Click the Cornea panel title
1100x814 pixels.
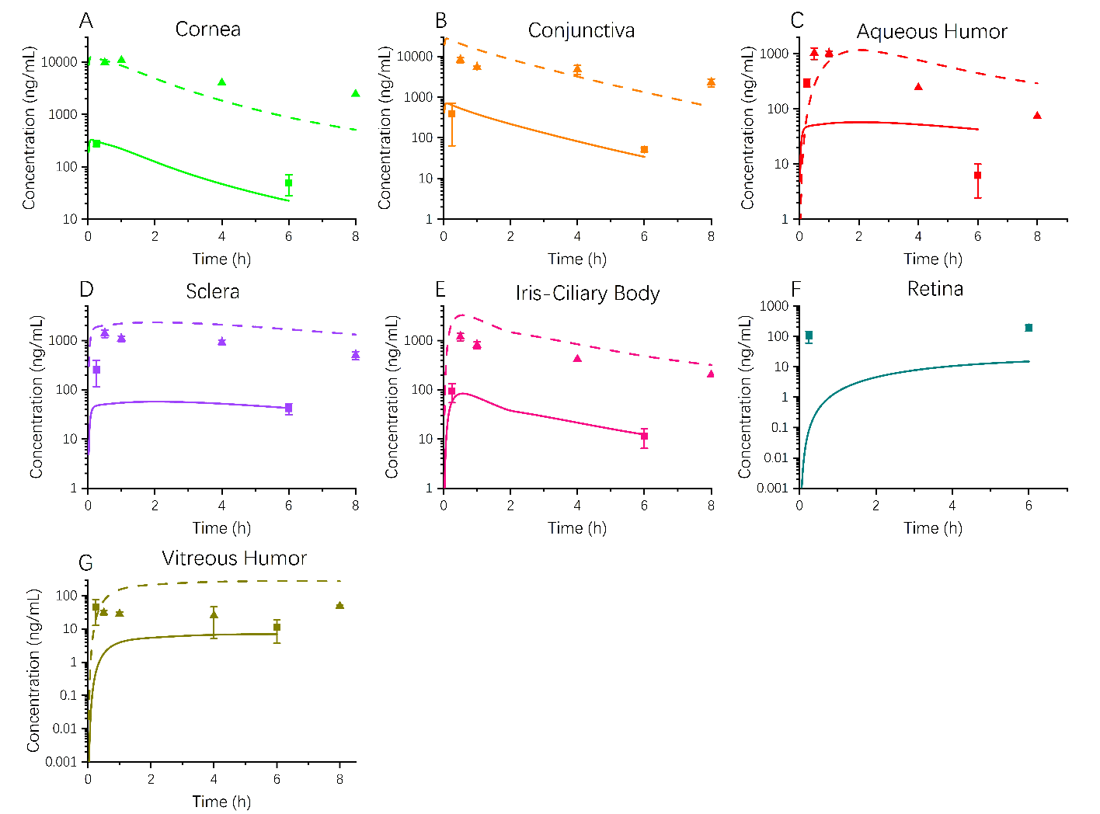(207, 30)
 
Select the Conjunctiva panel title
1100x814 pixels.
(581, 31)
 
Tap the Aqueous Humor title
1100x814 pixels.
(931, 32)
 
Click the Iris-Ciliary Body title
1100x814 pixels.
(587, 294)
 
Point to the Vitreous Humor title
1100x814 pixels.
(234, 558)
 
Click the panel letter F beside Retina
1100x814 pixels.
(795, 290)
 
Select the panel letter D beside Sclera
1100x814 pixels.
(86, 290)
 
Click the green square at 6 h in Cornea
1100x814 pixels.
(289, 183)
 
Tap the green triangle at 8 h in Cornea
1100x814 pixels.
(356, 93)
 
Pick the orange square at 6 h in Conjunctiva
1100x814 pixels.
(644, 150)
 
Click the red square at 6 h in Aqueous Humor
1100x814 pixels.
(977, 176)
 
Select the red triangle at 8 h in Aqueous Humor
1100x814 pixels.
(1037, 116)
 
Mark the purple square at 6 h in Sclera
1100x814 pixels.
(289, 408)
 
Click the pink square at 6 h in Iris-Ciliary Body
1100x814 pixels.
(644, 437)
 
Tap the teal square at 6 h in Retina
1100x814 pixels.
(1029, 328)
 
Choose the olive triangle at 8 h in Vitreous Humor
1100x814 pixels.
(339, 605)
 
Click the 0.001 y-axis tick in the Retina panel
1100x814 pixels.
(773, 488)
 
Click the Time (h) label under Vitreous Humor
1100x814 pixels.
(221, 802)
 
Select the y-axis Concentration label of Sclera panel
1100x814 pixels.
(36, 396)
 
